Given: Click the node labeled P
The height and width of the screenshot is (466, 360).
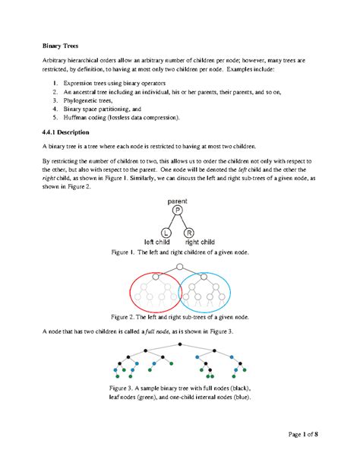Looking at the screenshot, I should (178, 209).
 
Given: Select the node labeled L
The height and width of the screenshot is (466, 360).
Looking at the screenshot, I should (165, 232).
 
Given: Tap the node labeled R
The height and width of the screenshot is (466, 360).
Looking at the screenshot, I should (190, 232).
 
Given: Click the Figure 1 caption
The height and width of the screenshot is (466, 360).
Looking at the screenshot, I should (179, 252).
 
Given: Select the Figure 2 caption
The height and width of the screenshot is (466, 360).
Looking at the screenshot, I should (179, 316).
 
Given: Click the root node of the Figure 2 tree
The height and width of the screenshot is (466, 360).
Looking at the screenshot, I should (179, 266).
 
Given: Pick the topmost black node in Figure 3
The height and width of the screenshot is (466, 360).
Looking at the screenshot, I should (179, 344).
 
